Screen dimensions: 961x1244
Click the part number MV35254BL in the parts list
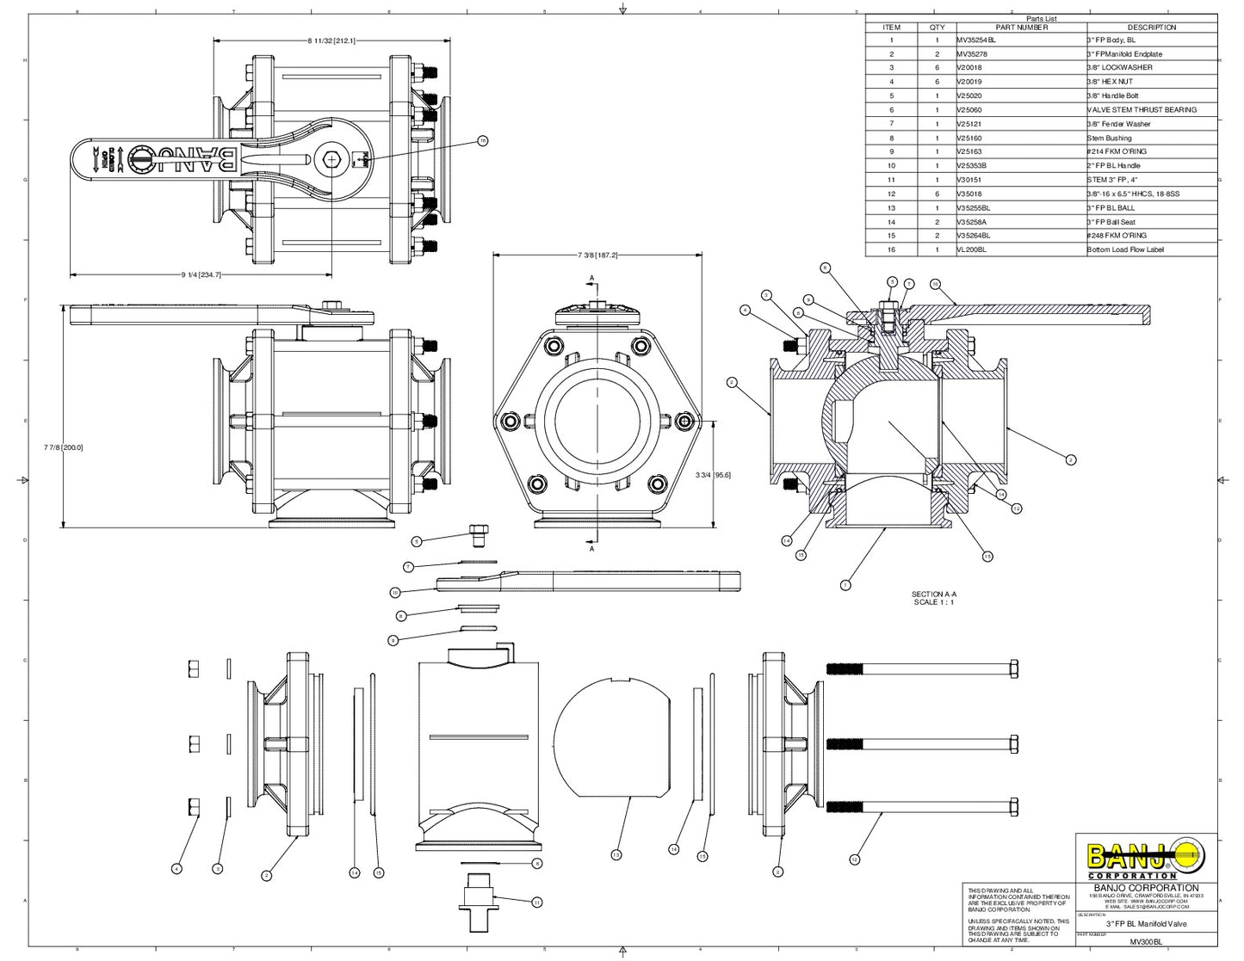tap(976, 40)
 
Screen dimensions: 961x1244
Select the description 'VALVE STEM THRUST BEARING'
tap(1142, 110)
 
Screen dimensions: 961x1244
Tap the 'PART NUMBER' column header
tap(1021, 28)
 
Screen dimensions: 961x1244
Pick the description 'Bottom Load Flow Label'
tap(1124, 249)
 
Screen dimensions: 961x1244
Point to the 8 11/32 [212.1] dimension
tap(331, 40)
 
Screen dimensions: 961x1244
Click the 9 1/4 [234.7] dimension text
tap(201, 274)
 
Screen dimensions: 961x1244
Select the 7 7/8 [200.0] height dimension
tap(63, 447)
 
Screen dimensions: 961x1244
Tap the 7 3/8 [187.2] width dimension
tap(597, 256)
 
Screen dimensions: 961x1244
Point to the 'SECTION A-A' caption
tap(933, 594)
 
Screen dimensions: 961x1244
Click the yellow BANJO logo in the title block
tap(1146, 857)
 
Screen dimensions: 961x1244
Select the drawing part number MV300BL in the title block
tap(1146, 942)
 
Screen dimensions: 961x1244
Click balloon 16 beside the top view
tap(482, 140)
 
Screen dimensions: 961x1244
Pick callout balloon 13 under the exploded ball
tap(616, 854)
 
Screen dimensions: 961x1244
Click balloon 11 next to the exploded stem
tap(536, 902)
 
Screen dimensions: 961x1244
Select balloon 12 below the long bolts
tap(854, 859)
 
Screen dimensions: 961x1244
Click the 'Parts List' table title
tap(1041, 18)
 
